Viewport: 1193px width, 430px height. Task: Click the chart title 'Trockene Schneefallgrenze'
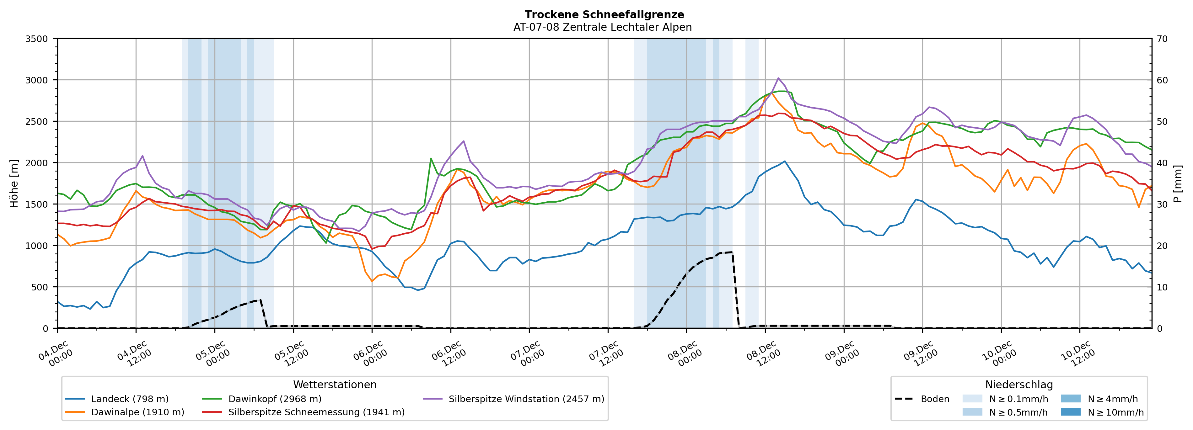[x=604, y=15]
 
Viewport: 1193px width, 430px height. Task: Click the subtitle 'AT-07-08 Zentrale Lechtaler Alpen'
[x=602, y=27]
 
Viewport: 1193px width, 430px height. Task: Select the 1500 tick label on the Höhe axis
[x=37, y=204]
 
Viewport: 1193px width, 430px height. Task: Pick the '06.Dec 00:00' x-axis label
[x=370, y=354]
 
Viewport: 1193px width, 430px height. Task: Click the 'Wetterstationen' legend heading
[x=335, y=385]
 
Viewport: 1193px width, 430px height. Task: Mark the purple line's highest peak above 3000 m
[x=778, y=78]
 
